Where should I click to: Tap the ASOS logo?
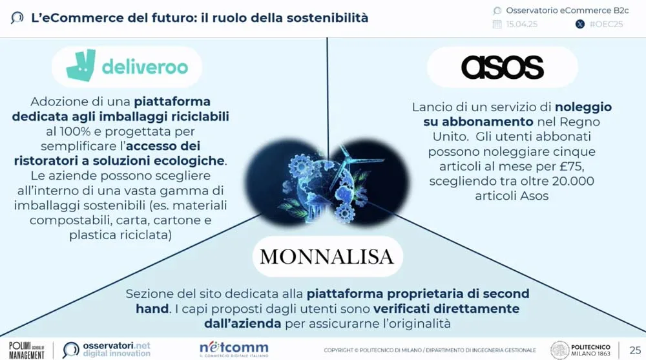point(502,67)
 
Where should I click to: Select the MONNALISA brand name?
point(326,257)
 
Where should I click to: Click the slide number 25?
point(635,350)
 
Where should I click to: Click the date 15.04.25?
point(522,25)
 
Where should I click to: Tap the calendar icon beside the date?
point(497,25)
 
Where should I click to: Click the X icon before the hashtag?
point(579,25)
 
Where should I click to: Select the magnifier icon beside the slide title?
point(17,18)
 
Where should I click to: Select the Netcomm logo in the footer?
point(234,349)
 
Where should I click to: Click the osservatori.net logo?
point(107,349)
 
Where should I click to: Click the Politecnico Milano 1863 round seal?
point(559,350)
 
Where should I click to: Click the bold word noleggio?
point(583,107)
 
